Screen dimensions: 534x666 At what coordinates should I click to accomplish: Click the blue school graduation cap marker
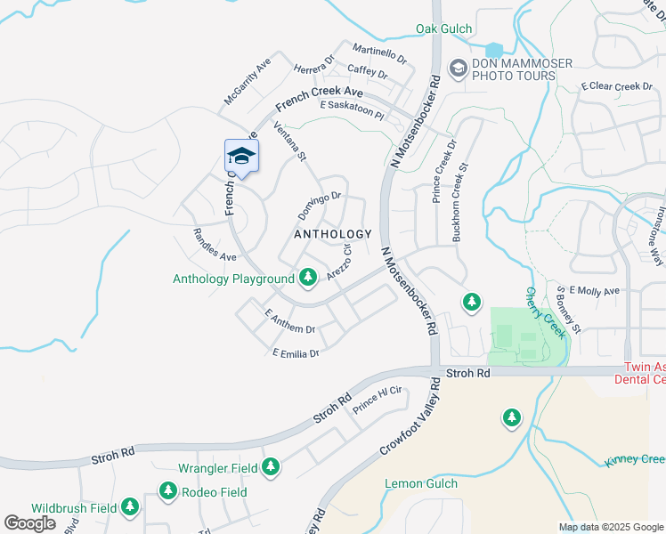241,158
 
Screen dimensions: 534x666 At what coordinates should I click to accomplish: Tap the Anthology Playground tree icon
308,279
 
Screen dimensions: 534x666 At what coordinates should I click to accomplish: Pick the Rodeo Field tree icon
168,491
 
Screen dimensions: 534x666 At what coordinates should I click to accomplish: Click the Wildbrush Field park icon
130,507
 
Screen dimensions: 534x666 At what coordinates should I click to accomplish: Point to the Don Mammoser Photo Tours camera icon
458,69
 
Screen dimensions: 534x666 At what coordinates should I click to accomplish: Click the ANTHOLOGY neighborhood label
333,234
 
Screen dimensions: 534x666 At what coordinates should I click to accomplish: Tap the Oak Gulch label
444,29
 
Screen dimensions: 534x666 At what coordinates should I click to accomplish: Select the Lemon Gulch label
421,483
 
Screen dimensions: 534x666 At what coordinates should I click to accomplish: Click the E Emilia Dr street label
296,353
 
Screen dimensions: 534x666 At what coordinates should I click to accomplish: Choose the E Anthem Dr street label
290,322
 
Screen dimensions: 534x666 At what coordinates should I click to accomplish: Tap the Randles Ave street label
215,245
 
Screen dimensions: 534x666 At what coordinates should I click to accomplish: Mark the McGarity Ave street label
248,82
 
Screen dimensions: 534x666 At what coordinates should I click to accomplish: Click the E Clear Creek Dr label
617,86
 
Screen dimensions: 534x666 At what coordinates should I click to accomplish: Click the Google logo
30,523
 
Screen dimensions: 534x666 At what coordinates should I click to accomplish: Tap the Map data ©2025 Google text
610,527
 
